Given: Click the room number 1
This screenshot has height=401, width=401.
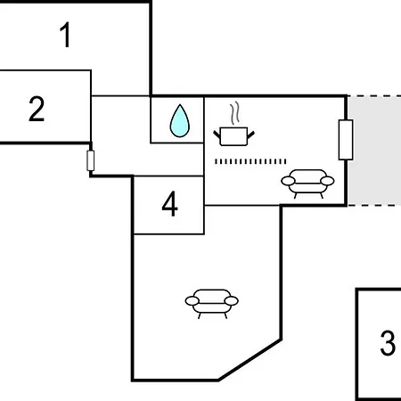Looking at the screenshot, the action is (65, 35).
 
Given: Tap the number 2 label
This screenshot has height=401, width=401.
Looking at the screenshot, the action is (37, 109).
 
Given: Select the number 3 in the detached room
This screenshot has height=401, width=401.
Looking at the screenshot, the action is (388, 343).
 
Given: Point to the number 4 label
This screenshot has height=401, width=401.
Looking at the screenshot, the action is (170, 204).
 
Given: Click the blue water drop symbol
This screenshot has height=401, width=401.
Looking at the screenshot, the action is (180, 121).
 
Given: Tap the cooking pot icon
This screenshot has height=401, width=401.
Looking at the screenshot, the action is (234, 136).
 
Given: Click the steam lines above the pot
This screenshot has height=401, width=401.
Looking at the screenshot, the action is (234, 113).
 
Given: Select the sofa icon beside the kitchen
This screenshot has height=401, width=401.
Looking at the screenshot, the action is (307, 184).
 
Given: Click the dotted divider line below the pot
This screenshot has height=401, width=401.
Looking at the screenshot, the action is (250, 161).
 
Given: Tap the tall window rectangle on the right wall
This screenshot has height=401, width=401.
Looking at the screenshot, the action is (346, 140).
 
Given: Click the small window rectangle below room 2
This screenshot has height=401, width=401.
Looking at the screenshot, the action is (91, 160).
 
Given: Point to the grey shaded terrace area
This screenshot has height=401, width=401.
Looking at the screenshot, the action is (374, 151).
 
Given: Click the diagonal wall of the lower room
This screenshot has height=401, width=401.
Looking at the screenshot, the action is (250, 359).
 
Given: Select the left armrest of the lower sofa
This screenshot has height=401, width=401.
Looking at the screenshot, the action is (192, 301).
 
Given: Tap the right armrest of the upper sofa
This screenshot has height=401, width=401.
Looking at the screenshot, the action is (327, 181).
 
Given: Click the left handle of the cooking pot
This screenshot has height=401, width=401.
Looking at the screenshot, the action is (217, 135).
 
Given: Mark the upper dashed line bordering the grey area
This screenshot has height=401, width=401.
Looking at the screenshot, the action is (374, 96).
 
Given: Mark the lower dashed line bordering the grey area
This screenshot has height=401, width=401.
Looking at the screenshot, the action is (374, 205).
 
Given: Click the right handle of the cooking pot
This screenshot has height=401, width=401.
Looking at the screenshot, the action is (251, 135).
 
